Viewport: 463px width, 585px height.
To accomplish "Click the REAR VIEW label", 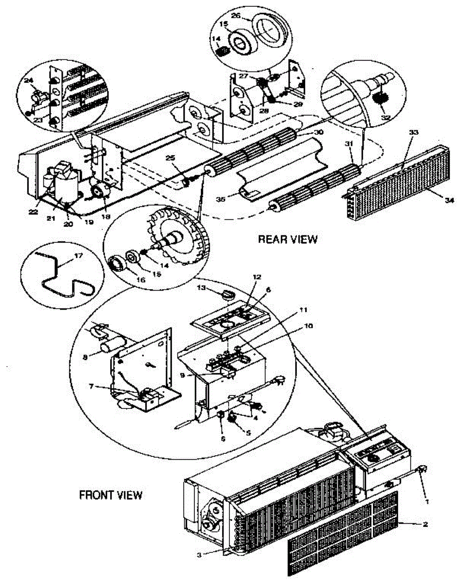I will (288, 239).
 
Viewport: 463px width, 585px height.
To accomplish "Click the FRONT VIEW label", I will (111, 495).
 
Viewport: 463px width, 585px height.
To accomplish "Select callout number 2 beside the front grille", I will (425, 525).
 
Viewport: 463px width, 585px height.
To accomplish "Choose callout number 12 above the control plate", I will (257, 277).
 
